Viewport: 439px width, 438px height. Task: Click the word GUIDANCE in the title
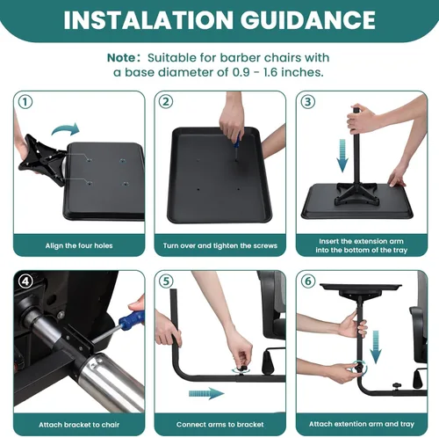[x=308, y=20]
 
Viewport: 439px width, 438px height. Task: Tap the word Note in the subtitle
[x=121, y=58]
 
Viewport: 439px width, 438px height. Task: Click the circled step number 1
[x=25, y=102]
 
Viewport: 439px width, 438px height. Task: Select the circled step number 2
[x=166, y=102]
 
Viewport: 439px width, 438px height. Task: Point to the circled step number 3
[x=308, y=102]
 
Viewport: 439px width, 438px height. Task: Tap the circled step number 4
[x=25, y=281]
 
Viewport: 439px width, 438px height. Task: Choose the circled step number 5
[x=166, y=281]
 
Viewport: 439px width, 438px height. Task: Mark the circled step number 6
[x=308, y=281]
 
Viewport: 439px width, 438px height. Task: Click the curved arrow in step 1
[x=66, y=129]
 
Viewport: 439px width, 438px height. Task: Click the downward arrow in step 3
[x=342, y=156]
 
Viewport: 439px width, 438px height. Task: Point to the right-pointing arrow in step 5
[x=206, y=393]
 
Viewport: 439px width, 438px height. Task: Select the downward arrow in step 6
[x=376, y=347]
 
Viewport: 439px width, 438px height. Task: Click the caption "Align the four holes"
[x=79, y=245]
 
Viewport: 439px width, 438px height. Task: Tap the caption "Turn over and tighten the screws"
[x=220, y=245]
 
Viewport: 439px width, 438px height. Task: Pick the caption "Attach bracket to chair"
[x=79, y=425]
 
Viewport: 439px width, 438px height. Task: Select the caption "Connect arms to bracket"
[x=220, y=425]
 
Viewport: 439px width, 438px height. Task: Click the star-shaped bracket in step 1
[x=41, y=160]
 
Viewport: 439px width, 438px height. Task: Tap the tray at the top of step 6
[x=361, y=289]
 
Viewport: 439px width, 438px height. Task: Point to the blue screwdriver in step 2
[x=237, y=147]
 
